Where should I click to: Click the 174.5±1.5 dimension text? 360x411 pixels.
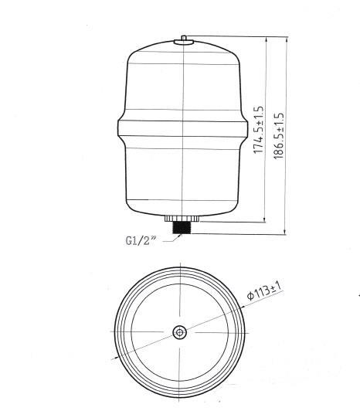261,132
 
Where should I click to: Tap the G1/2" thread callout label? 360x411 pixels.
141,239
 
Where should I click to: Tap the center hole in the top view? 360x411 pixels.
179,332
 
